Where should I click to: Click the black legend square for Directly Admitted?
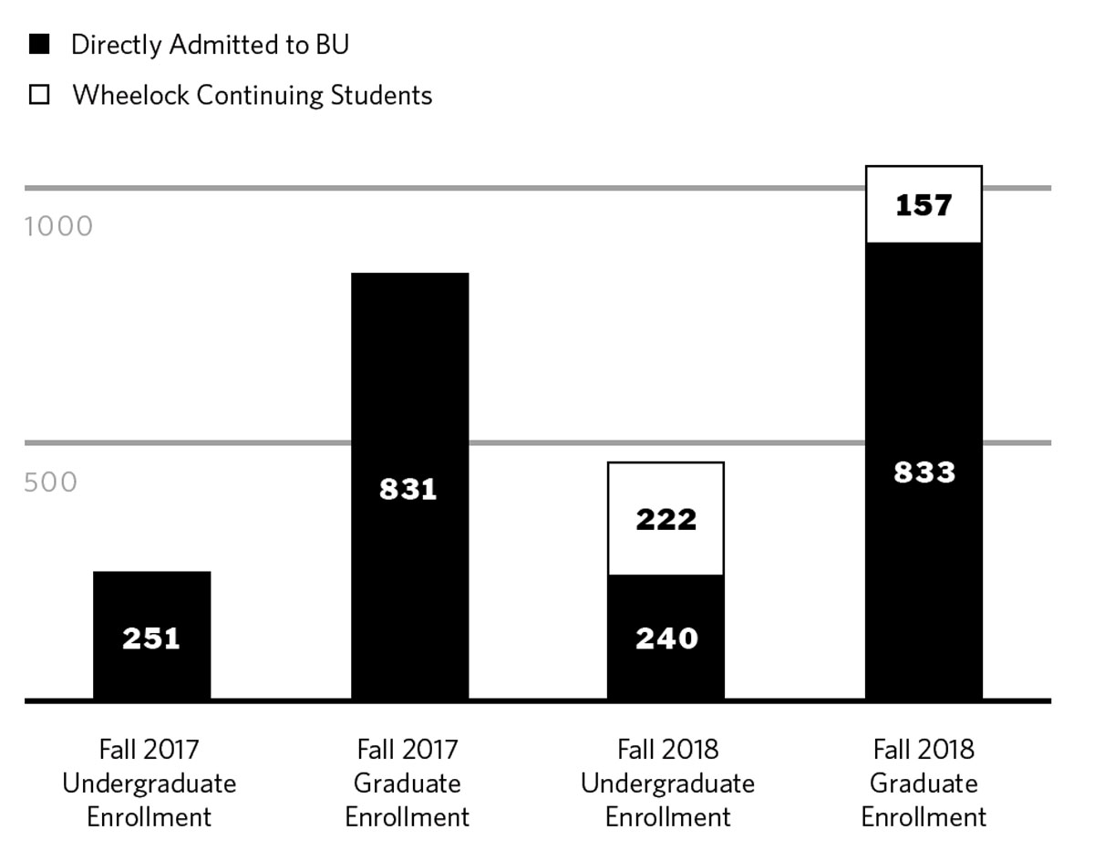click(39, 44)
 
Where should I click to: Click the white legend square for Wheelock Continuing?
click(39, 95)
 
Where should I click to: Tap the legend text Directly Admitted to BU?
click(210, 44)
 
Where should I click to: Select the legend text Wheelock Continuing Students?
click(252, 95)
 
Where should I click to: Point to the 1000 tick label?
click(58, 226)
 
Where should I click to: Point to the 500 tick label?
click(51, 482)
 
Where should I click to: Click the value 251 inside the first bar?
click(151, 638)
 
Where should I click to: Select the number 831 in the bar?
click(408, 490)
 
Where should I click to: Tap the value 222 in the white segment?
click(666, 520)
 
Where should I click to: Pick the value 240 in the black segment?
click(666, 638)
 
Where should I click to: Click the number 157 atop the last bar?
click(924, 206)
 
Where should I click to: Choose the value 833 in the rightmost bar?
click(924, 472)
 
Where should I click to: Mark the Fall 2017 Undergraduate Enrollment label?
click(149, 783)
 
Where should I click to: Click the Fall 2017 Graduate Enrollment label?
click(408, 783)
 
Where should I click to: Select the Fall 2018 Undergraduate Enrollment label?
click(667, 783)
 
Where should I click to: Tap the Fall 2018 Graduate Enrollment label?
click(924, 783)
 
